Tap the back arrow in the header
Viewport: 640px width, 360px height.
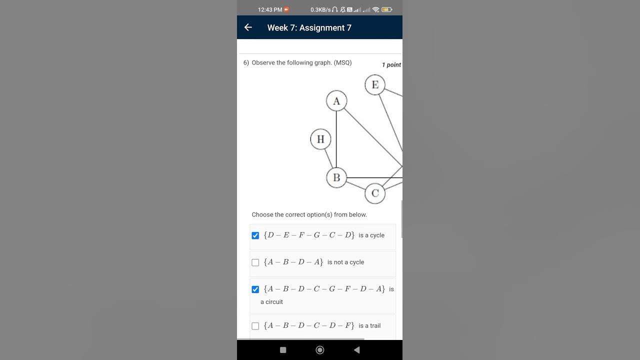pos(248,27)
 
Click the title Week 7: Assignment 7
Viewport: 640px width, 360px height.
pos(309,28)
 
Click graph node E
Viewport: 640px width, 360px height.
pos(375,84)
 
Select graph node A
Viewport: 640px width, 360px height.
pos(336,101)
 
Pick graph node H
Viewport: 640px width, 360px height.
pos(320,139)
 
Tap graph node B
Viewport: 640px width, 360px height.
pos(336,177)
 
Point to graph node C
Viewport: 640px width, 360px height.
pos(375,193)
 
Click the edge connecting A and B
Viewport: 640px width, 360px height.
pos(336,140)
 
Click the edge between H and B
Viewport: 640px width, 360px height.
pos(328,158)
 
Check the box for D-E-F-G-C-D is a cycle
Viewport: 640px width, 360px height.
pos(255,235)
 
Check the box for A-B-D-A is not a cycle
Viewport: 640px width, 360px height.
pos(255,262)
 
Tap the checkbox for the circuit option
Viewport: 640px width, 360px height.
pos(255,289)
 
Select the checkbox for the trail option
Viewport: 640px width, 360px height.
pos(255,326)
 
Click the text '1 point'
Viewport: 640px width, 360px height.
pos(391,65)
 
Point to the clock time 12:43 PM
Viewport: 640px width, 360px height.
pos(270,9)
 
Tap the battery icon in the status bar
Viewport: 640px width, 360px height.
pos(386,9)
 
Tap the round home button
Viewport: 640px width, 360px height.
pos(320,350)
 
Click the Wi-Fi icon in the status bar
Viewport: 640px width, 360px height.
pos(375,9)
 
